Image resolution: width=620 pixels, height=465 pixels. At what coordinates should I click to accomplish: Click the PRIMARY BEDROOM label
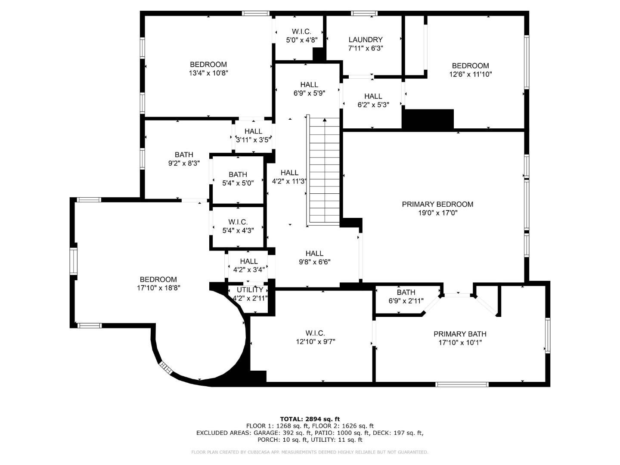(x=437, y=204)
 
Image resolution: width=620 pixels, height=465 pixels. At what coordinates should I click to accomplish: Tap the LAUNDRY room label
(x=366, y=40)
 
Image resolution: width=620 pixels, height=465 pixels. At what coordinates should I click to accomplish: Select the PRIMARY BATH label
(x=460, y=334)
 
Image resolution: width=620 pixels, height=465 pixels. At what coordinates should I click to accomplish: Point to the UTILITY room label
(x=250, y=290)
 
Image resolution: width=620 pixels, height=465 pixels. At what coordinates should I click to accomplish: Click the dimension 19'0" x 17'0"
(x=437, y=213)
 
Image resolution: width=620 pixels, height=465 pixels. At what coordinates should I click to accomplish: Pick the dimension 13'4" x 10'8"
(x=208, y=73)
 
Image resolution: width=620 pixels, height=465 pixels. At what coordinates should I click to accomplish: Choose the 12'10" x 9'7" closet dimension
(x=316, y=341)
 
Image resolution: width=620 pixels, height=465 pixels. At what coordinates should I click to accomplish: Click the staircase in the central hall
(x=323, y=171)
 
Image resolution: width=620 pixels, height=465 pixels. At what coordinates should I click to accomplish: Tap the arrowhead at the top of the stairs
(x=325, y=120)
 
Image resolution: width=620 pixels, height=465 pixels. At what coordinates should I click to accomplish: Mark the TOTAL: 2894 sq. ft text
(x=310, y=419)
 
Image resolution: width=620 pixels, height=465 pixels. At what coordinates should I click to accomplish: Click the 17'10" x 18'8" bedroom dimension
(x=159, y=288)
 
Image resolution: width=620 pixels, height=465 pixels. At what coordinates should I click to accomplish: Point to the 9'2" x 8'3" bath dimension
(x=184, y=163)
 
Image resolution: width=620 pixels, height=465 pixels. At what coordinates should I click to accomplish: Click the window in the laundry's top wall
(x=364, y=13)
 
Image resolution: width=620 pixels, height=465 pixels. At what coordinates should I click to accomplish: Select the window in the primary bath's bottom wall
(x=462, y=384)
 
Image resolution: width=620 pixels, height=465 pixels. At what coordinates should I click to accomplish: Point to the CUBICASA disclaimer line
(x=310, y=452)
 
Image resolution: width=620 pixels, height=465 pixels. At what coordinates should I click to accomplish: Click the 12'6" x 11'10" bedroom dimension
(x=471, y=74)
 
